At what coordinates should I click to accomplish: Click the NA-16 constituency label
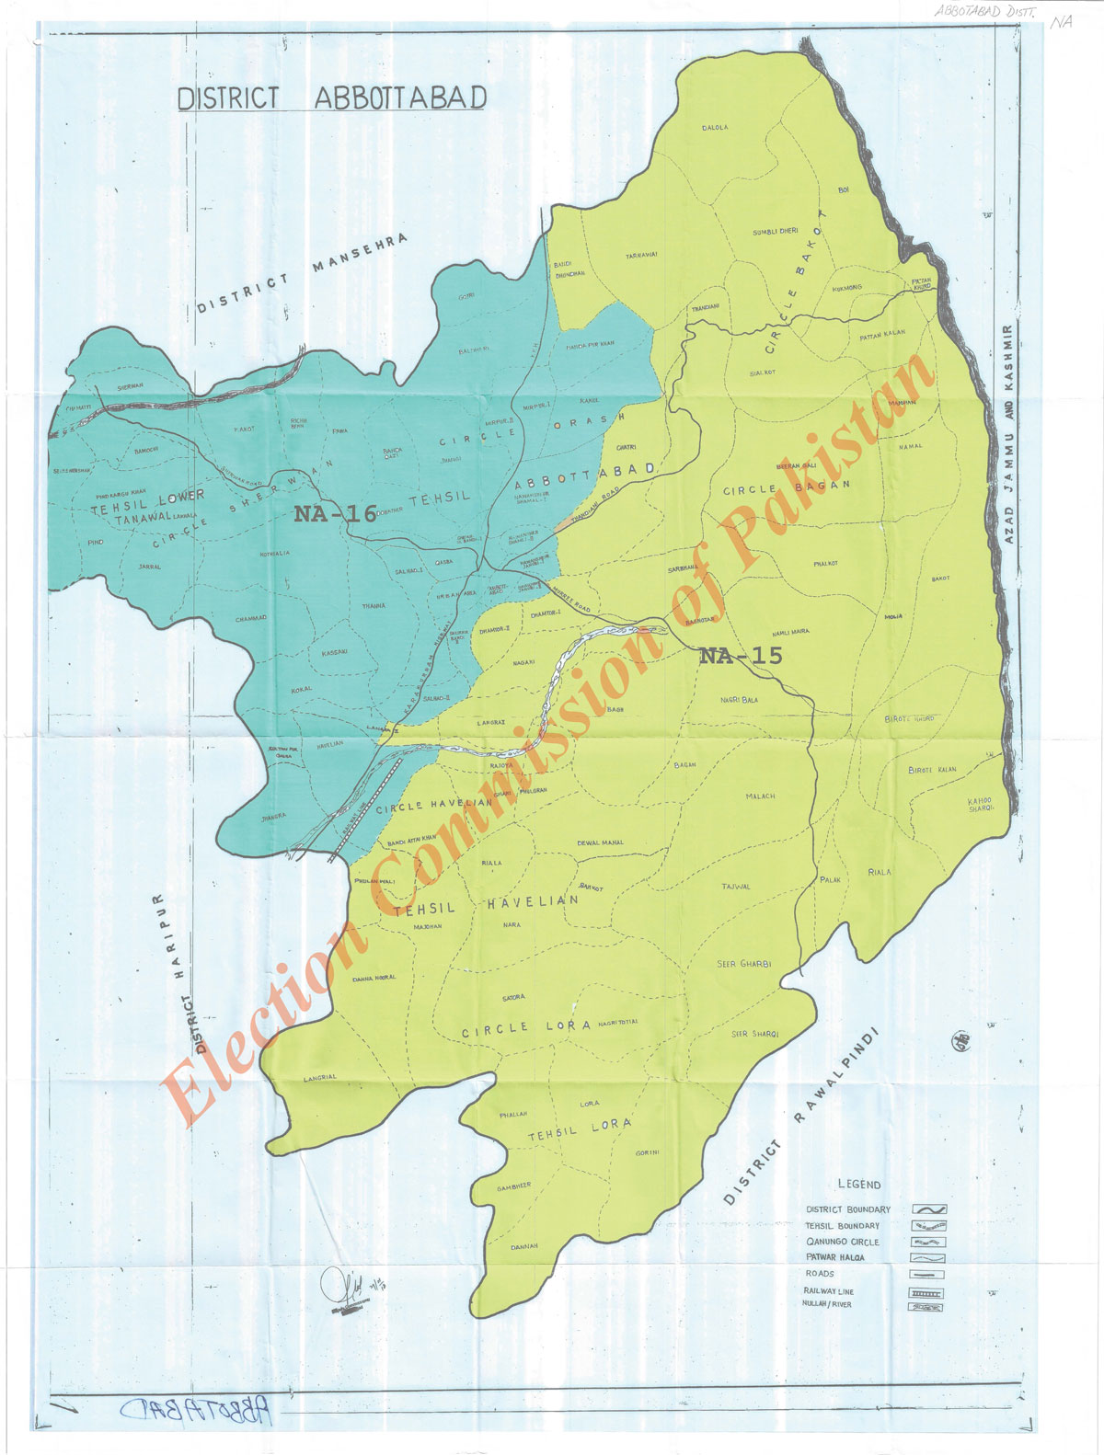coord(336,513)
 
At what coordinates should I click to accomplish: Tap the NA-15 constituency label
coord(741,656)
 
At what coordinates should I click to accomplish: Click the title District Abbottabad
coord(331,98)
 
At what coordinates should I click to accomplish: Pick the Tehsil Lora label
coord(580,1129)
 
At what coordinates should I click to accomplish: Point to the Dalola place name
coord(715,128)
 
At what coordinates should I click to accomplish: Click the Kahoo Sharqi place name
coord(981,805)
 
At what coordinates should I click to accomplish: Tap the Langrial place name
coord(319,1077)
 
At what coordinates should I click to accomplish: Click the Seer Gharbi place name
coord(743,963)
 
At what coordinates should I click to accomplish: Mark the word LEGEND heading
coord(859,1185)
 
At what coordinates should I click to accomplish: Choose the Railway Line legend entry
coord(828,1291)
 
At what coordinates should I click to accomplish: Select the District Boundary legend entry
coord(848,1209)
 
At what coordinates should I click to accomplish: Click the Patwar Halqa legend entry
coord(834,1257)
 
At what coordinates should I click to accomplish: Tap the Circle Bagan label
coord(787,487)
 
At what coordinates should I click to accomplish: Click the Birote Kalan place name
coord(932,770)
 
